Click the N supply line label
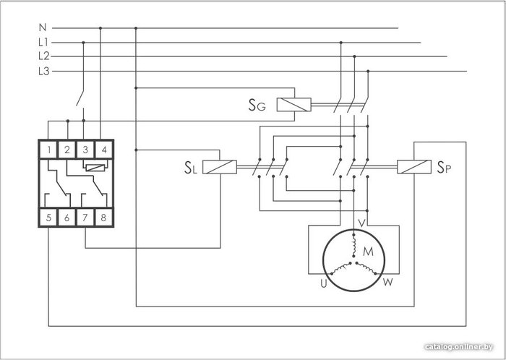click(42, 27)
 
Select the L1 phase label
click(43, 42)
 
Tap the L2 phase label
click(44, 56)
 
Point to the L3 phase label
click(44, 71)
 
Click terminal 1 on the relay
click(48, 150)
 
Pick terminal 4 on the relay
click(104, 150)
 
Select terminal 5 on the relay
click(48, 218)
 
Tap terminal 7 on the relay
click(85, 218)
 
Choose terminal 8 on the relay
click(103, 218)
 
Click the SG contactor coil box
click(294, 105)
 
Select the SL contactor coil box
click(220, 167)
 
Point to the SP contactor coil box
click(414, 167)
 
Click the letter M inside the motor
click(368, 252)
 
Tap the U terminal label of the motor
click(324, 283)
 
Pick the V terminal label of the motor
click(362, 223)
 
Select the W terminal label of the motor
click(388, 282)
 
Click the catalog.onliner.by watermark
click(459, 347)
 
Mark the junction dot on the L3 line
click(368, 71)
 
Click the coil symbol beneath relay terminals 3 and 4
click(95, 168)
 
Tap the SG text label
click(257, 105)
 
